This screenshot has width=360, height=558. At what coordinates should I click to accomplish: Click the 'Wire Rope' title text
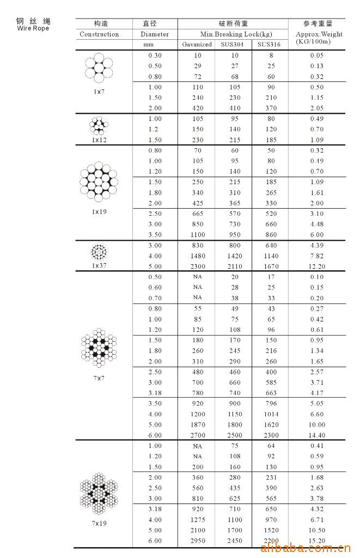tap(33, 28)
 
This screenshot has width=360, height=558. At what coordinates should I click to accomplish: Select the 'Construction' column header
tap(99, 34)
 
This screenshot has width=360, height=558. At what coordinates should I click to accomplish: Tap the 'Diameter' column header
tap(155, 34)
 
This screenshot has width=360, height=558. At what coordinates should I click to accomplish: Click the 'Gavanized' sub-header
tap(197, 45)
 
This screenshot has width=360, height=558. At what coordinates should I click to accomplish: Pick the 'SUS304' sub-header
tap(233, 45)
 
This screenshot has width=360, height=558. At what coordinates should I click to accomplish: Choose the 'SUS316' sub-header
tap(269, 45)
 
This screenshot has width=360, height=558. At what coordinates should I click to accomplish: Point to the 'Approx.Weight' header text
tap(319, 34)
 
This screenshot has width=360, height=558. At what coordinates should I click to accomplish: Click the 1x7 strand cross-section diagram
tap(99, 67)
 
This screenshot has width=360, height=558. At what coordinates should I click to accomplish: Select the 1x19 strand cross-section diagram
tap(99, 181)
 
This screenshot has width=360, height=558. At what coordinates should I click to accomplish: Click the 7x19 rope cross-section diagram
tap(99, 494)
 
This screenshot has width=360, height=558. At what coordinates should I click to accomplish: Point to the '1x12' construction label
tap(99, 140)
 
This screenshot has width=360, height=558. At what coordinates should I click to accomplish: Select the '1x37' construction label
tap(99, 265)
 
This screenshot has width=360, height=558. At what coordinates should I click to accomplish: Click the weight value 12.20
tap(318, 266)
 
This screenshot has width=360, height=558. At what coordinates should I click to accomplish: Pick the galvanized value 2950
tap(198, 541)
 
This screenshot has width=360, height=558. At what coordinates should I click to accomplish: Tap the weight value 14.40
tap(318, 435)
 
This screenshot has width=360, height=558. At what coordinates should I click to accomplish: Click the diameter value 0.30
tap(155, 56)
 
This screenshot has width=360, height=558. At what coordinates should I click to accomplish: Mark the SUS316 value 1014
tap(270, 414)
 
